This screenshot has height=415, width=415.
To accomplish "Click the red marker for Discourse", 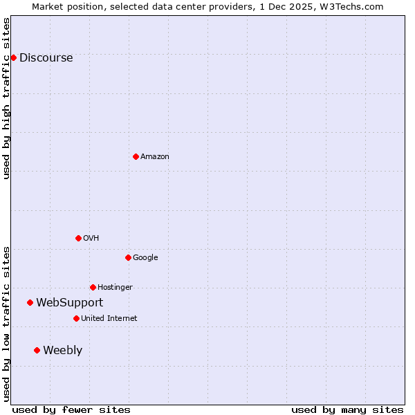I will (x=14, y=57).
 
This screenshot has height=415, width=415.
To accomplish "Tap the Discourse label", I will (x=46, y=58).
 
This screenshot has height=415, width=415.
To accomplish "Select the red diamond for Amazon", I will (x=136, y=156).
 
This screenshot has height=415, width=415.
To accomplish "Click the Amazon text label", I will (x=154, y=157).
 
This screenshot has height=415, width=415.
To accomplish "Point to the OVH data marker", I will (x=78, y=238).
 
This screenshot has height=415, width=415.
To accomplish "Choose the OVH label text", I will (x=91, y=239).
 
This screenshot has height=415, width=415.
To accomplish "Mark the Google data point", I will (x=128, y=257).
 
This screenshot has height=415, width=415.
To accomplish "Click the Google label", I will (x=145, y=258).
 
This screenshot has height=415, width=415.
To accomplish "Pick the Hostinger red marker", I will (x=93, y=287).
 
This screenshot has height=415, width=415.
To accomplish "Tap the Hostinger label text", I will (x=115, y=288).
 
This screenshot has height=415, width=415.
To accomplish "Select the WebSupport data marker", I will (x=30, y=302).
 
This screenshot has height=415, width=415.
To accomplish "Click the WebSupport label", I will (x=69, y=303).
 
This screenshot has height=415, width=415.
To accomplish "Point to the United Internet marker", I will (x=76, y=318).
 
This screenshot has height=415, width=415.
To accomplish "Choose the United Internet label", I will (x=109, y=319).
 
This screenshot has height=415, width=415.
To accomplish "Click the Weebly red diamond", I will (x=37, y=350).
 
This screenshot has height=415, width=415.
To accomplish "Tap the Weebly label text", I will (x=62, y=351).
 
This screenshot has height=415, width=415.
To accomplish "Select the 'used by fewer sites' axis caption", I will (x=71, y=409).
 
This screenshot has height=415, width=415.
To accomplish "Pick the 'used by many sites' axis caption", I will (x=347, y=409).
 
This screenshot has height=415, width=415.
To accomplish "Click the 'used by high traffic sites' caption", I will (x=6, y=98).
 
